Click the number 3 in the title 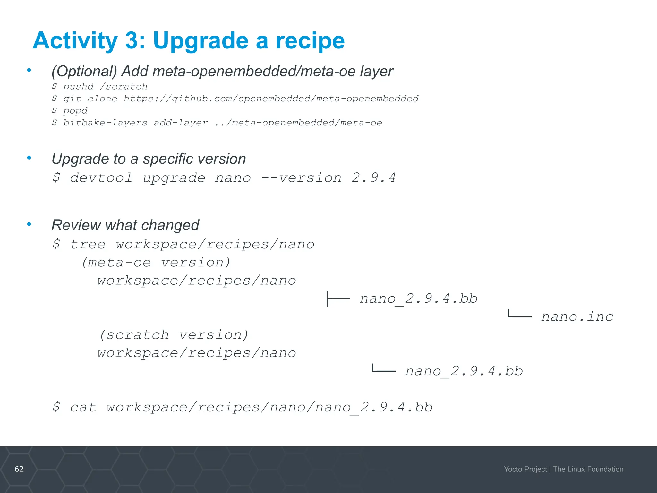(132, 41)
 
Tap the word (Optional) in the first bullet (84, 71)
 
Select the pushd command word (78, 87)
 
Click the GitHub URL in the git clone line (271, 99)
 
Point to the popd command (75, 111)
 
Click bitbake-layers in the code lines (105, 123)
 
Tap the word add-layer (181, 123)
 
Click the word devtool (101, 178)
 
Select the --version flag (301, 178)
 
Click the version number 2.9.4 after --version (373, 178)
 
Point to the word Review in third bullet (76, 225)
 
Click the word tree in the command (88, 245)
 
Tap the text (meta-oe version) (156, 263)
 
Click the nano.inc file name (577, 317)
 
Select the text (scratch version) (174, 335)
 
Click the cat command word (83, 408)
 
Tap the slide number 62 (19, 469)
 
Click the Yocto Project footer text (525, 469)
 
